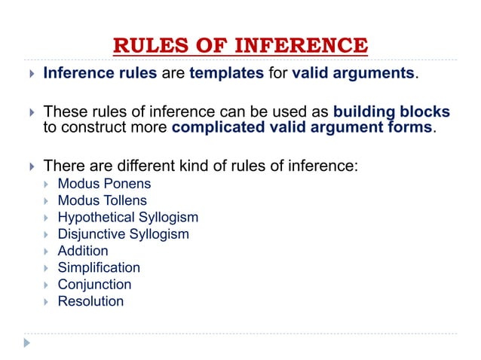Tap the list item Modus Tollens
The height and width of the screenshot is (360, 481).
point(102,200)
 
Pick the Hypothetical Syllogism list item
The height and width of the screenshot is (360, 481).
point(127,217)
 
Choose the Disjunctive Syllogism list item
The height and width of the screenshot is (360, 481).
point(123,233)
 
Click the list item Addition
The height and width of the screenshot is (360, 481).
point(83,251)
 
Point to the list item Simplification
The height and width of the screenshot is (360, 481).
point(99,267)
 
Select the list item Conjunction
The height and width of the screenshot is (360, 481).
point(94,284)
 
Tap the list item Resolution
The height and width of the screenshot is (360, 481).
point(90,301)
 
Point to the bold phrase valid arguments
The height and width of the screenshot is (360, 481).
point(358,74)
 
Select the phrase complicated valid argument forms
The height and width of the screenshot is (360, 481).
point(303,127)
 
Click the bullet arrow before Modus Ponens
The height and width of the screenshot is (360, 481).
point(47,184)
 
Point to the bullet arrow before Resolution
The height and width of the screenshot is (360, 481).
point(47,301)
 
